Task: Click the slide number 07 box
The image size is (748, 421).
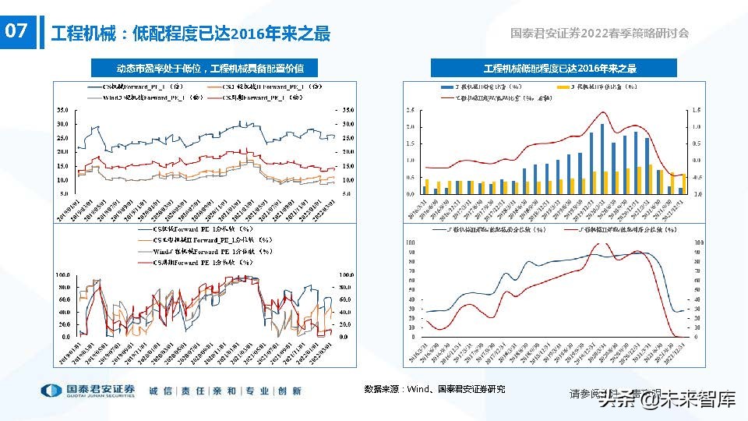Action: (17, 33)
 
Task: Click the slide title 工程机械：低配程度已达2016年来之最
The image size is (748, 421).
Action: (190, 34)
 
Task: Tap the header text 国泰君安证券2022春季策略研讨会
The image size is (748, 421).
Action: (599, 34)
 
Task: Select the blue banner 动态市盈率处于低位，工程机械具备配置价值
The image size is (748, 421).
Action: (210, 69)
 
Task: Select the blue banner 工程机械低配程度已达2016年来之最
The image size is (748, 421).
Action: (559, 69)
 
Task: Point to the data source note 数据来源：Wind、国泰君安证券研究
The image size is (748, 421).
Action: (435, 388)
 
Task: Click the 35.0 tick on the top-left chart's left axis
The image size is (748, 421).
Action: (64, 110)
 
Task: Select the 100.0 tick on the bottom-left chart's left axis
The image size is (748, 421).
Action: (64, 275)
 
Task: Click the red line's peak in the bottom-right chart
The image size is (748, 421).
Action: (600, 243)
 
